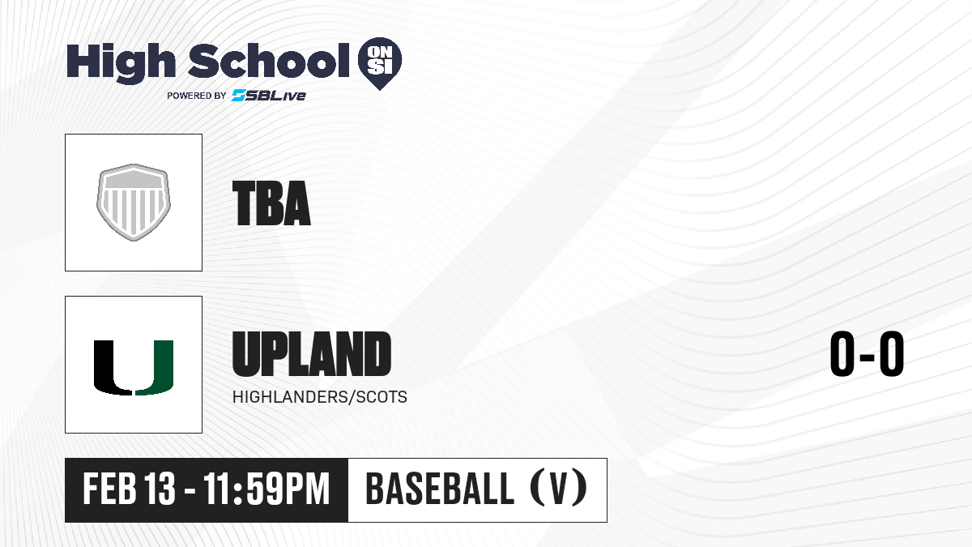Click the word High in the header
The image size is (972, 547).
coord(121,62)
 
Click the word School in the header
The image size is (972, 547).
coord(269,60)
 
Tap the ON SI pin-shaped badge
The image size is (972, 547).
coord(380,63)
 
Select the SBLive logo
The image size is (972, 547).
coord(269,96)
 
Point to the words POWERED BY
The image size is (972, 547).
coord(197,96)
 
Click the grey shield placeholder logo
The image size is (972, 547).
coord(134,203)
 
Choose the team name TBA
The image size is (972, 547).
coord(271,203)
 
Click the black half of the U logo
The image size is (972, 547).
coord(113,368)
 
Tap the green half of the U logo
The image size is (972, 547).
coord(155,368)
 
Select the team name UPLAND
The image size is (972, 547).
coord(312,354)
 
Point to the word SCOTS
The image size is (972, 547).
coord(382,397)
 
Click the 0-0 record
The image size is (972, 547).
coord(867,354)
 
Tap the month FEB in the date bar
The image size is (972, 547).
coord(110,489)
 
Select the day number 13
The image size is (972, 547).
coord(160,489)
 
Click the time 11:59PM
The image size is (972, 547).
coord(266,489)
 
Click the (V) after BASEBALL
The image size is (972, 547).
coord(559,489)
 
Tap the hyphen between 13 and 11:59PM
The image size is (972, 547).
coord(190,491)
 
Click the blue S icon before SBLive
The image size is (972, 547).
coord(239,96)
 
